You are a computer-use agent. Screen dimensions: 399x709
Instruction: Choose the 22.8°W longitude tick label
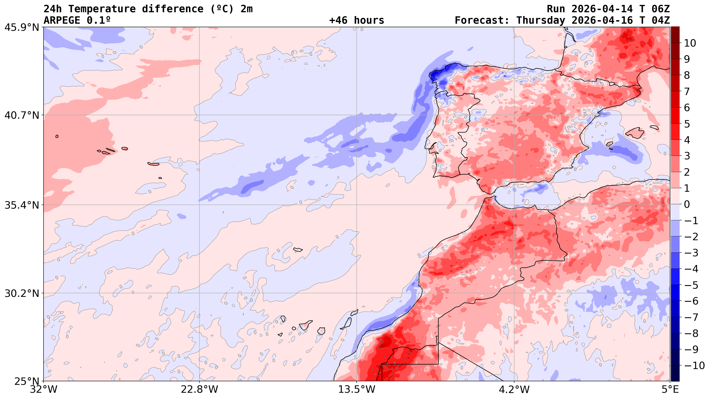point(199,390)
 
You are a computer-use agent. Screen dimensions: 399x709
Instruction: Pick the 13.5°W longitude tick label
point(357,390)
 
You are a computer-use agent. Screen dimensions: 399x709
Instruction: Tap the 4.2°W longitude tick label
point(514,390)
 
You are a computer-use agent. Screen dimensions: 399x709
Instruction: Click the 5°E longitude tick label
point(669,390)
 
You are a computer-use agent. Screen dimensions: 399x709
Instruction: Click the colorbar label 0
point(687,205)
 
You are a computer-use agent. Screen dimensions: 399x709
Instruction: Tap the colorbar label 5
point(687,124)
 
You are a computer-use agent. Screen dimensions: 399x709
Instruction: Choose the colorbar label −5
point(691,285)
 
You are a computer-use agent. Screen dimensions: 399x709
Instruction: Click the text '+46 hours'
point(356,20)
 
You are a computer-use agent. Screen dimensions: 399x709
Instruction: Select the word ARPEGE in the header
point(62,20)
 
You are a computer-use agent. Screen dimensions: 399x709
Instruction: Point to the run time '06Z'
point(660,9)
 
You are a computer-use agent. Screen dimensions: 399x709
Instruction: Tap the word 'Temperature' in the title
point(102,9)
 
